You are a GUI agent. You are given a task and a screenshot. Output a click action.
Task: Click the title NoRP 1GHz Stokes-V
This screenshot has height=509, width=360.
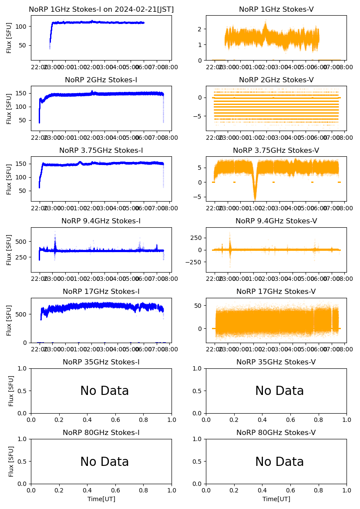point(276,10)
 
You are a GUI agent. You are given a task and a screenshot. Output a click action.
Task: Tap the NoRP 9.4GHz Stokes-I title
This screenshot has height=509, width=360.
point(101,221)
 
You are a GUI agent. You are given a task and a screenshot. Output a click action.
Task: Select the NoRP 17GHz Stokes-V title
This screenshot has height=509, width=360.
point(276,292)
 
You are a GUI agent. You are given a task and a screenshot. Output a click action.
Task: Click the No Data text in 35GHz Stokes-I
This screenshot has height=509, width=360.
point(104,391)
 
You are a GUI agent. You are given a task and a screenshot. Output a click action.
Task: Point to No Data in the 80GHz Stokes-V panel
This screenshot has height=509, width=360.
point(279,462)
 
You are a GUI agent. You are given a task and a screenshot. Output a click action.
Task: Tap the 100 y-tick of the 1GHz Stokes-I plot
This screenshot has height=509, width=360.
point(23,26)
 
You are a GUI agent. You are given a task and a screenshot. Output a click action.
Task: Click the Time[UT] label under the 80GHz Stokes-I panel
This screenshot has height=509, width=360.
point(101,499)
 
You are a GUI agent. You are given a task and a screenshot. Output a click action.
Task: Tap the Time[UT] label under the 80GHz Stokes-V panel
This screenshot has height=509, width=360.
point(276,499)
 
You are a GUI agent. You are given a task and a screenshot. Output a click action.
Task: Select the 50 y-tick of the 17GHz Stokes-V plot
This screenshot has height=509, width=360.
point(199,306)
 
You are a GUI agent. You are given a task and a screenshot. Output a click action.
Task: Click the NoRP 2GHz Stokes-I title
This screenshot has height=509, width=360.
point(101,80)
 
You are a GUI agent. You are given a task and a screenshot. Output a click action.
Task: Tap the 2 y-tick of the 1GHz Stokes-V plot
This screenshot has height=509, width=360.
point(201,29)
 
